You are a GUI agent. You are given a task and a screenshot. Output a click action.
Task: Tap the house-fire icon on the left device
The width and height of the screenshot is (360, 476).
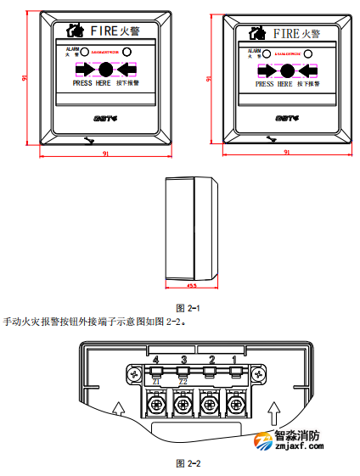coord(74,31)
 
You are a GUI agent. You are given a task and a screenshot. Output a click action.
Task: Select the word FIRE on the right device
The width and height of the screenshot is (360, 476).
coord(285,33)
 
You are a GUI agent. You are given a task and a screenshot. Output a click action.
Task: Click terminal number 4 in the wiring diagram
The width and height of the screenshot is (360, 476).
coord(156,361)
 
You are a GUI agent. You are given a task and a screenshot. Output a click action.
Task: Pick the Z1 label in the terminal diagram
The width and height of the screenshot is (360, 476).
coord(156,382)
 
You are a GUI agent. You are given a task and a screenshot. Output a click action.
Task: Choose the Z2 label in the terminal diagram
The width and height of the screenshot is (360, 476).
coord(183,382)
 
